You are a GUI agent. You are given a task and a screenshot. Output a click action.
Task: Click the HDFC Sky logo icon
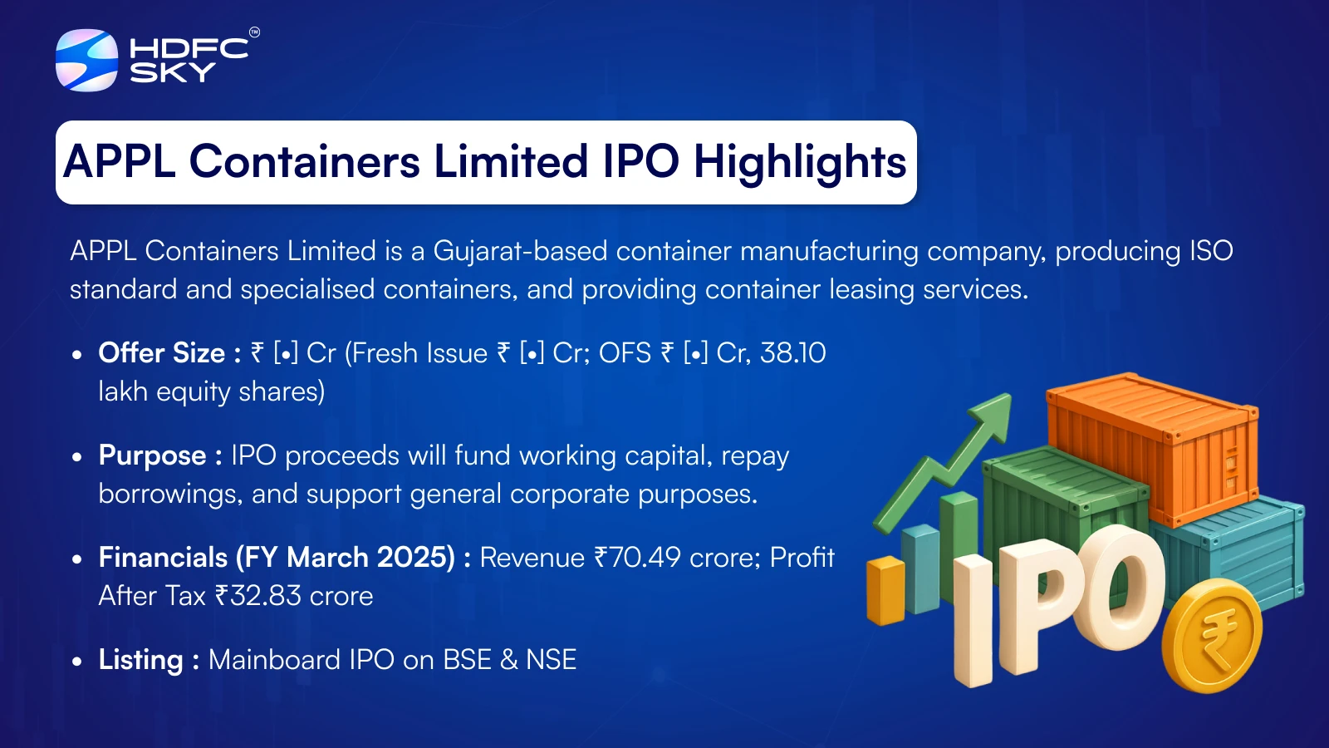86,60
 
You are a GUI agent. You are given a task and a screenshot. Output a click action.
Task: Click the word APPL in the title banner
120,161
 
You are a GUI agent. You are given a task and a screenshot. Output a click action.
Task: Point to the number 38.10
792,352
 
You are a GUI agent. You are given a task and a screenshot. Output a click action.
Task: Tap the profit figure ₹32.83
258,595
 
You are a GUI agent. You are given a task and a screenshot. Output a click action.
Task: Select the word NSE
552,660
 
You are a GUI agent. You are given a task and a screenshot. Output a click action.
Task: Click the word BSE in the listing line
468,660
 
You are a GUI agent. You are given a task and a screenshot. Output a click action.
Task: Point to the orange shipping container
1152,449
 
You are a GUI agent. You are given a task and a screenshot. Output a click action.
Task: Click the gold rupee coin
1212,635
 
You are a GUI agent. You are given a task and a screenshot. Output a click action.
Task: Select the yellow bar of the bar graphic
885,590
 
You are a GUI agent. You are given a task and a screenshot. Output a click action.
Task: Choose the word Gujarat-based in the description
520,251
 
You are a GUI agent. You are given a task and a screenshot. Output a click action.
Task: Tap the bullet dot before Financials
76,559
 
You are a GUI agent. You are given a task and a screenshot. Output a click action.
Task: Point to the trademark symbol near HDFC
254,32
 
